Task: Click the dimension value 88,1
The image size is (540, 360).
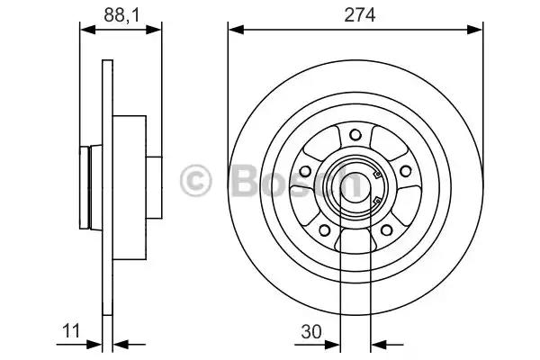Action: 121,15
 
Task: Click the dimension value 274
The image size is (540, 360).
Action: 360,15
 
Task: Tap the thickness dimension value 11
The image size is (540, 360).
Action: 71,331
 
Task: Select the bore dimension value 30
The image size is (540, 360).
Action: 311,332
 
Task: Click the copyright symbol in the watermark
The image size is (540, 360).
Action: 195,180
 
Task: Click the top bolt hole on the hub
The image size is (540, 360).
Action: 355,135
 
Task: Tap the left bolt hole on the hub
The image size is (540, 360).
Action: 305,171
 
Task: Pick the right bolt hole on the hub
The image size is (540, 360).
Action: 405,171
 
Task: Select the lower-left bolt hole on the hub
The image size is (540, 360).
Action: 324,229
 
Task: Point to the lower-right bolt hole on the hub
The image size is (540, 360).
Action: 386,229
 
